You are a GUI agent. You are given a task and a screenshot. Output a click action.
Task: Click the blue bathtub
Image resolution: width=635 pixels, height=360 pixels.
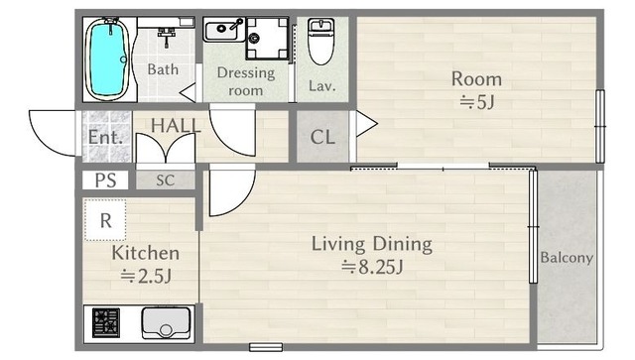point(107,60)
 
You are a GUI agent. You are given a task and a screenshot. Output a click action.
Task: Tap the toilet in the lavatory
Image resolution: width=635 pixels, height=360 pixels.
point(320,42)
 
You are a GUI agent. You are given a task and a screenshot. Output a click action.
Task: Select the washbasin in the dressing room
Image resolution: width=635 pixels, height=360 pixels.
point(224,30)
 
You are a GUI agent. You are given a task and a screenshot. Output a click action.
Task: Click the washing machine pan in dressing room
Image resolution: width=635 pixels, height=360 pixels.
point(267,39)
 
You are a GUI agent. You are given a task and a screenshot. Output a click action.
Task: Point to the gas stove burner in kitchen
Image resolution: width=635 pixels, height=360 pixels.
point(106,322)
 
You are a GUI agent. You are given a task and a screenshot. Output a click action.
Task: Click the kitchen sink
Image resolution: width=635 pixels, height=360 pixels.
point(166,322)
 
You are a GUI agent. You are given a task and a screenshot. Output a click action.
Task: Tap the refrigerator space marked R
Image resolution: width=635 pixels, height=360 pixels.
point(105,220)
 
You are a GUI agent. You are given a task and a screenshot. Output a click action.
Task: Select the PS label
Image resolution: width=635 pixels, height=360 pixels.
point(106,180)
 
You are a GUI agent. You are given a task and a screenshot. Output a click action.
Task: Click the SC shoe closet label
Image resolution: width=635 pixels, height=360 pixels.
point(166,180)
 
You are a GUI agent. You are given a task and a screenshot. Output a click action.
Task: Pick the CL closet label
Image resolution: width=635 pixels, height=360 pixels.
point(322,137)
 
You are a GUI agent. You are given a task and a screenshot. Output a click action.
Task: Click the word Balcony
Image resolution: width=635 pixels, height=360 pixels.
point(567,258)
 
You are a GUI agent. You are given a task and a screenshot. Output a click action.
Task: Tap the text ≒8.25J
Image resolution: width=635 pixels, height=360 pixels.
point(372,267)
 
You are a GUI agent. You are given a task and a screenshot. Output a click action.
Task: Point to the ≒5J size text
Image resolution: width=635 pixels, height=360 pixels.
point(476,102)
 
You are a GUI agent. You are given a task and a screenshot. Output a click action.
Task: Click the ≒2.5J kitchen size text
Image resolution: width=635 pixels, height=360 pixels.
point(146,276)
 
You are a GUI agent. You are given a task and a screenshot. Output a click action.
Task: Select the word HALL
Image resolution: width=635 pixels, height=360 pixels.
point(176,126)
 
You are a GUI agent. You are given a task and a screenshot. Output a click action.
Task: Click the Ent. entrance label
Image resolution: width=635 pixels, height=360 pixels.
point(105,137)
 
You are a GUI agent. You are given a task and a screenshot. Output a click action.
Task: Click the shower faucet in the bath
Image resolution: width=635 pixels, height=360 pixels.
point(166,37)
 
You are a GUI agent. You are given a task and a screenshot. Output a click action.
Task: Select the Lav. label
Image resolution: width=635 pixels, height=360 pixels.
point(321,86)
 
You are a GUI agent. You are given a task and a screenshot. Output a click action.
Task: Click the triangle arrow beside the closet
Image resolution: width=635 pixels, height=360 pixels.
point(366,124)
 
